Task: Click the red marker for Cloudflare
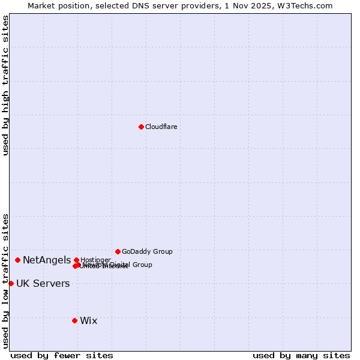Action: click(x=141, y=127)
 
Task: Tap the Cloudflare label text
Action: click(x=161, y=127)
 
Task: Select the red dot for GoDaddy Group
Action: click(x=118, y=251)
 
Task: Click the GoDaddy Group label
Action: click(x=147, y=251)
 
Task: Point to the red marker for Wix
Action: click(x=74, y=320)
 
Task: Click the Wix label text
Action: click(x=88, y=320)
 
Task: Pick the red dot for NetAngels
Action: click(x=18, y=260)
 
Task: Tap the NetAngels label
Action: click(x=47, y=260)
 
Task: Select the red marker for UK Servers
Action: click(x=11, y=283)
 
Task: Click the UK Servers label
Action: click(x=43, y=283)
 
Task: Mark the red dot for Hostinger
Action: click(x=76, y=260)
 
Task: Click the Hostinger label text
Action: click(x=95, y=260)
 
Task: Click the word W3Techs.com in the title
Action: click(x=311, y=5)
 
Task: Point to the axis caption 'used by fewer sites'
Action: click(x=62, y=355)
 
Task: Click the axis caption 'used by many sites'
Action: click(x=301, y=355)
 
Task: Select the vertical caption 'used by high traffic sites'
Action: click(x=5, y=85)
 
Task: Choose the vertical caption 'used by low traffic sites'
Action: click(x=5, y=280)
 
